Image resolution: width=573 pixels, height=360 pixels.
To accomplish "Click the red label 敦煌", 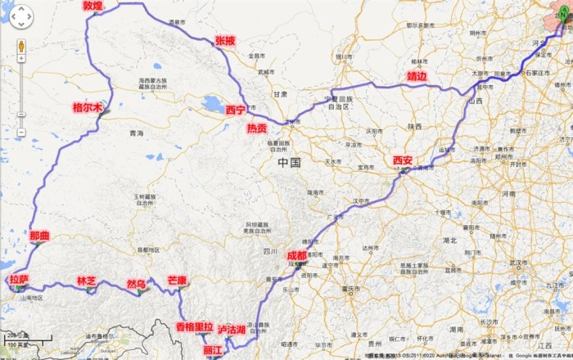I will coord(92,6).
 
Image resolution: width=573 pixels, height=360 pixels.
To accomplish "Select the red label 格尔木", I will coord(88,107).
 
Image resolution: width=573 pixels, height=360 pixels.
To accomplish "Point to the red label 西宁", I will coord(236,110).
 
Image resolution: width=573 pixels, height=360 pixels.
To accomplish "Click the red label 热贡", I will coord(257,128).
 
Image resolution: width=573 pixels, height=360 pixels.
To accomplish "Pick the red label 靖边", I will coord(417,77).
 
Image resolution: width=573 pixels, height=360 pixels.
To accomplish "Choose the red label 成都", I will coord(297,255).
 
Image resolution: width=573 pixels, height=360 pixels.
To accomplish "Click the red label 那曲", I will coord(39,236).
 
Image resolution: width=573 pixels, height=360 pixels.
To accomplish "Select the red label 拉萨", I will coord(19,280).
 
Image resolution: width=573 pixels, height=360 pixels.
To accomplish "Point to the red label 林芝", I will coord(87,281).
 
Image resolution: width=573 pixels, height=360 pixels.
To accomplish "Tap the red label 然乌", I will coord(136,285).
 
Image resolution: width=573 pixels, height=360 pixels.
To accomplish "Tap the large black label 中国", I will coord(290,163).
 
